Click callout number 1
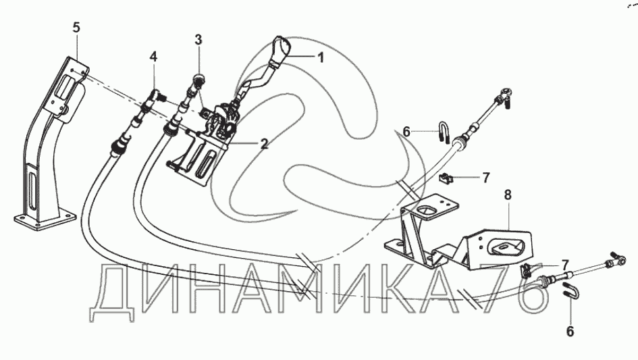[321, 57]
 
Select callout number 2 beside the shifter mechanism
[264, 143]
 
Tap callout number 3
[198, 39]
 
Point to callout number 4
[154, 58]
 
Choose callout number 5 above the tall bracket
[76, 28]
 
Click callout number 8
[508, 195]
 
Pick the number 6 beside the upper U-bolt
[406, 132]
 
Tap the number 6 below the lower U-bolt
[570, 331]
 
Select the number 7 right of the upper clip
[485, 178]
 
